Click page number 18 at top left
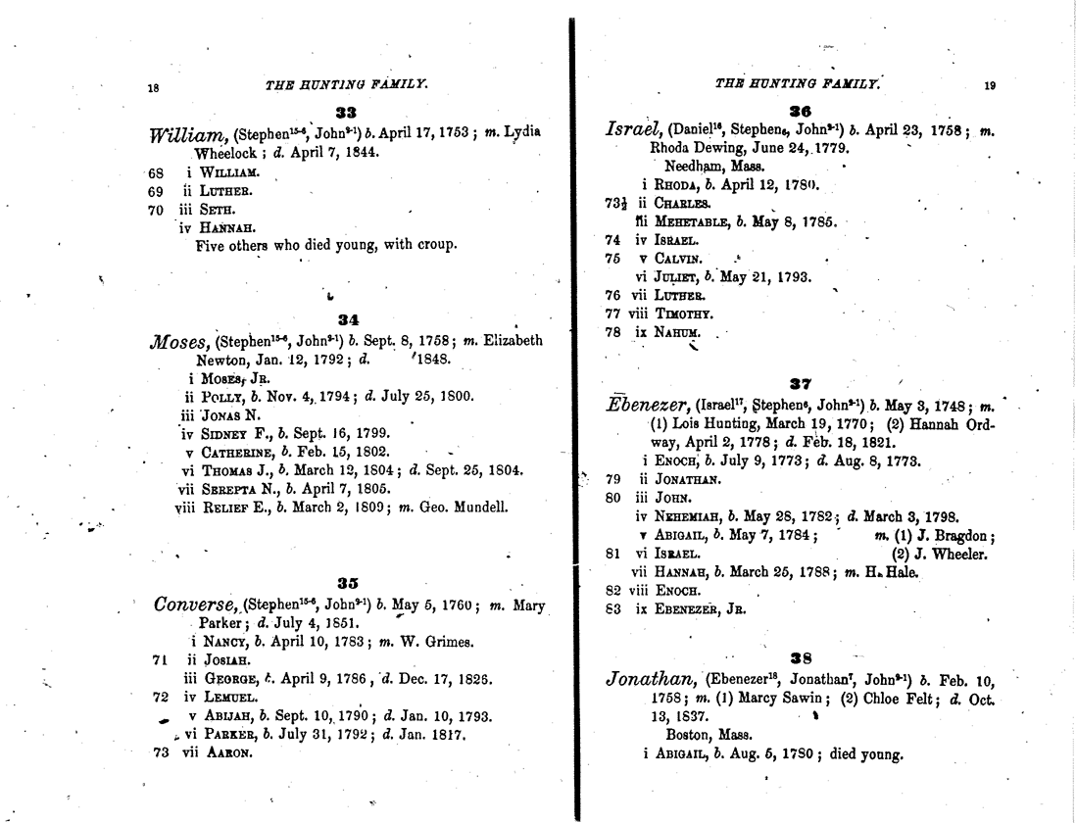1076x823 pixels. click(153, 88)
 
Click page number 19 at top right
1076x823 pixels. click(990, 85)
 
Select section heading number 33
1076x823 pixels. click(345, 113)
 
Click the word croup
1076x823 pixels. click(435, 245)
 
